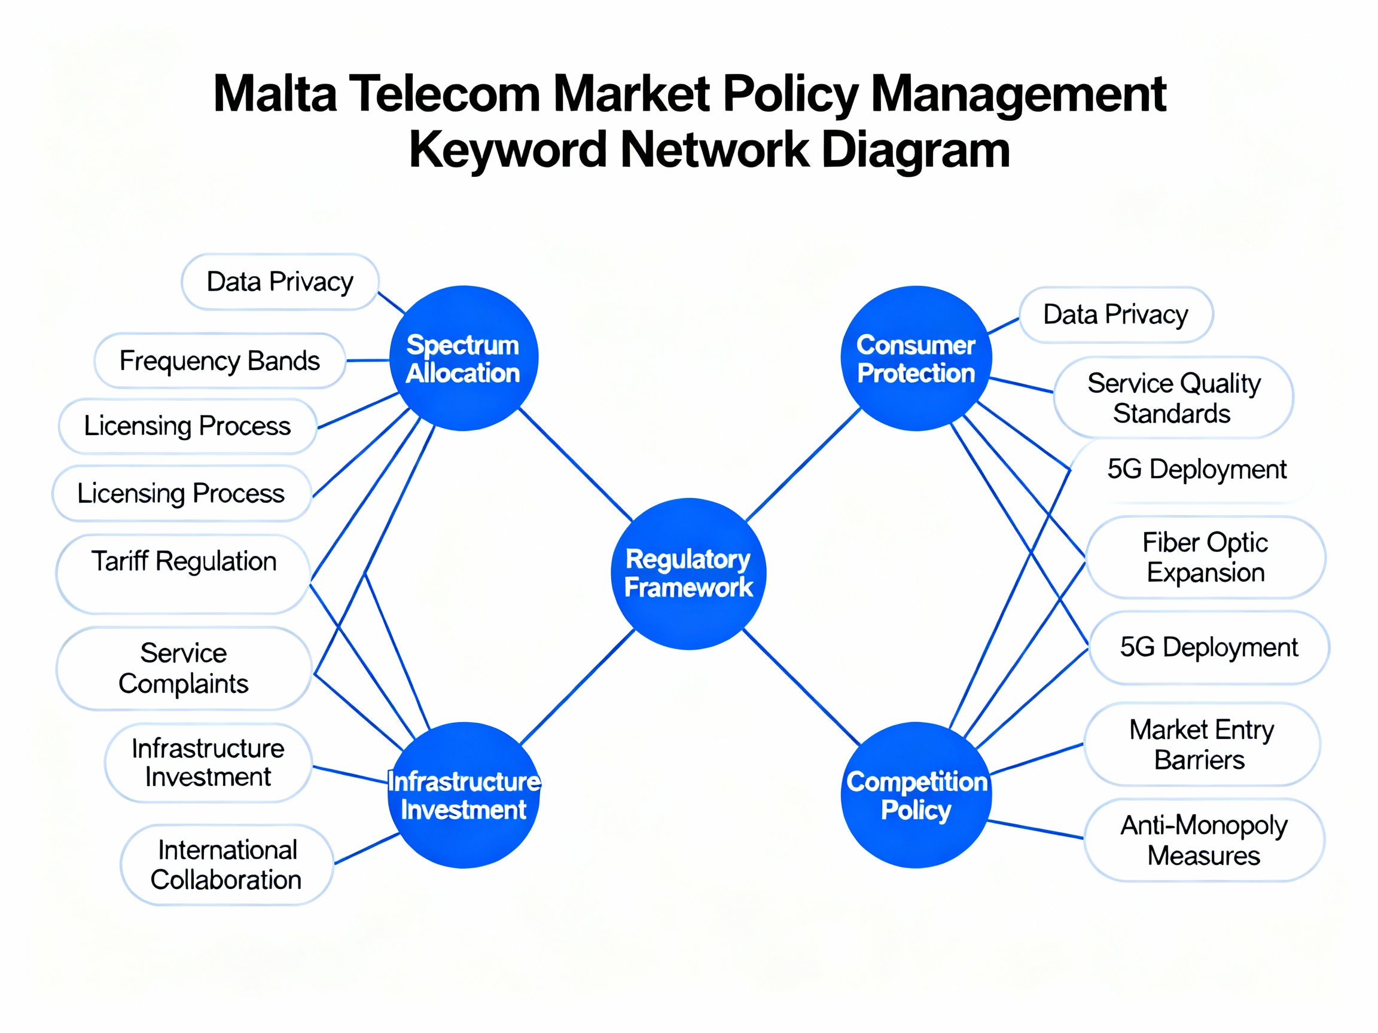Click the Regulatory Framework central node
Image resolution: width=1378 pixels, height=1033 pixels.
688,573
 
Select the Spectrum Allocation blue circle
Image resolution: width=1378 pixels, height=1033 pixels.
464,359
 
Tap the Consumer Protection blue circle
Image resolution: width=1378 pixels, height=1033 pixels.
916,359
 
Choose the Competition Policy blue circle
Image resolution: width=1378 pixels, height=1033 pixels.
916,795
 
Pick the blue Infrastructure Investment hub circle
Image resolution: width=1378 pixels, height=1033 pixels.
464,795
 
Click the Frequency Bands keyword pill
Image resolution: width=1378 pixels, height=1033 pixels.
220,361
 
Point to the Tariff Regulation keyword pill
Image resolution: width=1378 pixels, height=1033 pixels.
183,573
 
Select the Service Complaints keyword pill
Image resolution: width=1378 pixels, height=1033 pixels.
184,668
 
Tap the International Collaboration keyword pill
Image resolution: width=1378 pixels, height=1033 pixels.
227,865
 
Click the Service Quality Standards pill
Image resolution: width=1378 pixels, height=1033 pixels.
1173,398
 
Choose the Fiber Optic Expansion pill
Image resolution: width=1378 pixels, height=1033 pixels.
1205,557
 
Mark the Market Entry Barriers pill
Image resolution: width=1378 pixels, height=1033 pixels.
1202,745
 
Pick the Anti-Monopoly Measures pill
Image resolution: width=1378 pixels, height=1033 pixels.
1203,840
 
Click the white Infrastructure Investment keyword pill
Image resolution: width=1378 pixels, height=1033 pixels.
208,763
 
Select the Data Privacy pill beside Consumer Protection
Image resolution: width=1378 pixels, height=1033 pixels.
1115,315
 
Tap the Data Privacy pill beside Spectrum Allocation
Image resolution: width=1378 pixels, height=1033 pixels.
280,282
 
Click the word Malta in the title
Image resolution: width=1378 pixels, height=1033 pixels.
275,94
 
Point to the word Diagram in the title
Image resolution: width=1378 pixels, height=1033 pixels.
915,150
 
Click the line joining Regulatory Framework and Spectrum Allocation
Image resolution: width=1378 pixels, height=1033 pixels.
575,464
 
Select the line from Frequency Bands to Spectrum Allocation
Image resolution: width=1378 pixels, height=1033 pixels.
368,360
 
